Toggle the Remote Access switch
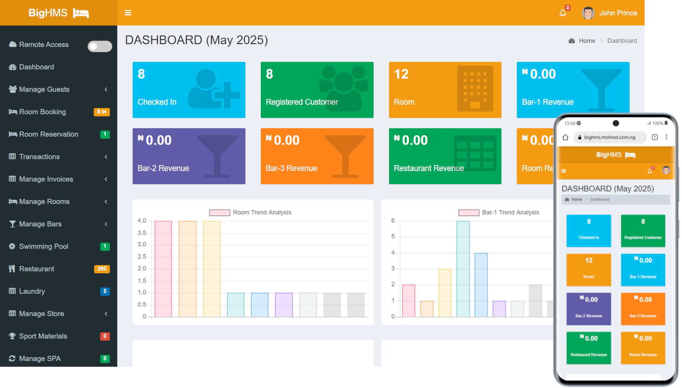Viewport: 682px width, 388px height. point(100,46)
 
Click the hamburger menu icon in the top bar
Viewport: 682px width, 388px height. point(128,13)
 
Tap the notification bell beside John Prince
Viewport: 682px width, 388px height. point(563,13)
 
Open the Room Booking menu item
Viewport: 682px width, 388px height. point(42,112)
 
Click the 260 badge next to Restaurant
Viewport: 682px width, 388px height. point(102,269)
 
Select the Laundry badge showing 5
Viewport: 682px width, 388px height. point(105,291)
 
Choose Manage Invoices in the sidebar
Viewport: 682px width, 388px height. point(46,179)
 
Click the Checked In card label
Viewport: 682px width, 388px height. point(157,102)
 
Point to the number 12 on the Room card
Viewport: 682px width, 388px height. point(401,74)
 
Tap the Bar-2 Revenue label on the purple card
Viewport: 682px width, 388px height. point(163,168)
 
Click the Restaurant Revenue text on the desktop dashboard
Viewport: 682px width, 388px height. point(429,168)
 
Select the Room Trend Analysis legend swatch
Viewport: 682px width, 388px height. point(219,213)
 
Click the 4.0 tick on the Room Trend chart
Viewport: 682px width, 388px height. point(142,221)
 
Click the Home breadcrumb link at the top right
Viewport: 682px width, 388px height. point(587,41)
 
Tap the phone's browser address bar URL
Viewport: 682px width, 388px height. point(610,137)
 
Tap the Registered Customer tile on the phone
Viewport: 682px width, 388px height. point(643,231)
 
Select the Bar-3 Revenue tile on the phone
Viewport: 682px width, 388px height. point(643,309)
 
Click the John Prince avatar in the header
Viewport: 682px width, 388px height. point(588,13)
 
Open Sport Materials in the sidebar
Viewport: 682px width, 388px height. point(43,336)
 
